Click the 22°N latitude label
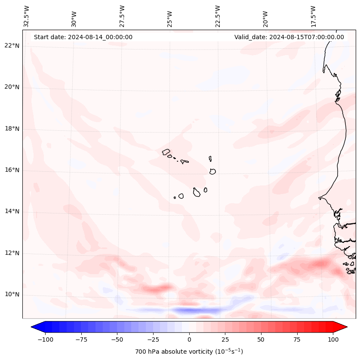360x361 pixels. [12, 46]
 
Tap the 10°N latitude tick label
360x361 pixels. [12, 294]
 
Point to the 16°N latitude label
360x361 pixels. [12, 170]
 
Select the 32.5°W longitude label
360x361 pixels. [27, 16]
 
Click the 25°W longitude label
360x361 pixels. [170, 16]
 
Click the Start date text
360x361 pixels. [83, 37]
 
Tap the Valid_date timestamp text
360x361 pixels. [289, 37]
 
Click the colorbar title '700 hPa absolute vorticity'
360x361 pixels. [189, 352]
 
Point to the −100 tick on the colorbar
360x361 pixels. [45, 339]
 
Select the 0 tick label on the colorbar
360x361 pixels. [189, 339]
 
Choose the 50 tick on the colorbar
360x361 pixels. [261, 339]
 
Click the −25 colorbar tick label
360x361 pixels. [153, 339]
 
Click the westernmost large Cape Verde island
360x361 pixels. [166, 151]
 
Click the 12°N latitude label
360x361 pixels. [12, 253]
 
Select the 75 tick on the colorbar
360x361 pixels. [297, 339]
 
